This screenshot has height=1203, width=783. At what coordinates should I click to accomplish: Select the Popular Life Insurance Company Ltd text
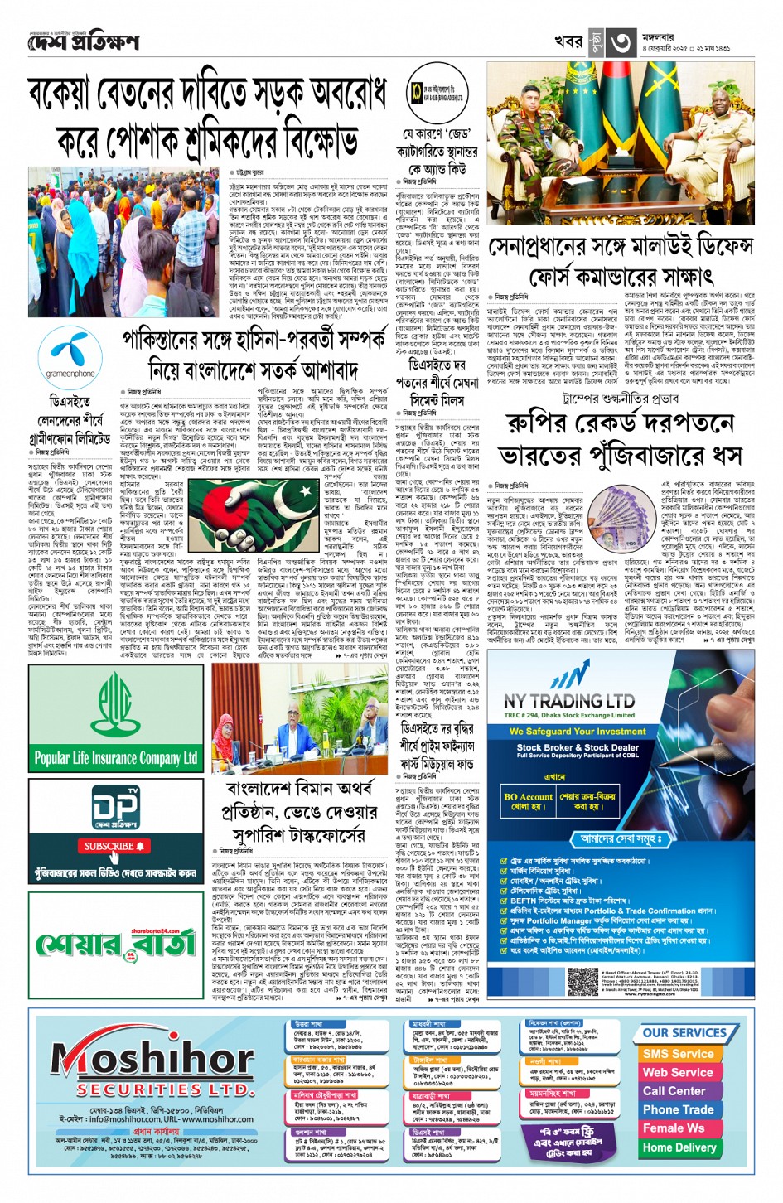point(116,757)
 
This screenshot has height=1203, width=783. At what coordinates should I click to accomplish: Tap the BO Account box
point(528,801)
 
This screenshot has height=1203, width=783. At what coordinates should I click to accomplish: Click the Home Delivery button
point(679,1147)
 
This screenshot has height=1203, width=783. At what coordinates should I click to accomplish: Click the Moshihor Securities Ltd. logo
point(152,1068)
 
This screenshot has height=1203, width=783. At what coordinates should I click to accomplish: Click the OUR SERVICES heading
point(684,1033)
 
